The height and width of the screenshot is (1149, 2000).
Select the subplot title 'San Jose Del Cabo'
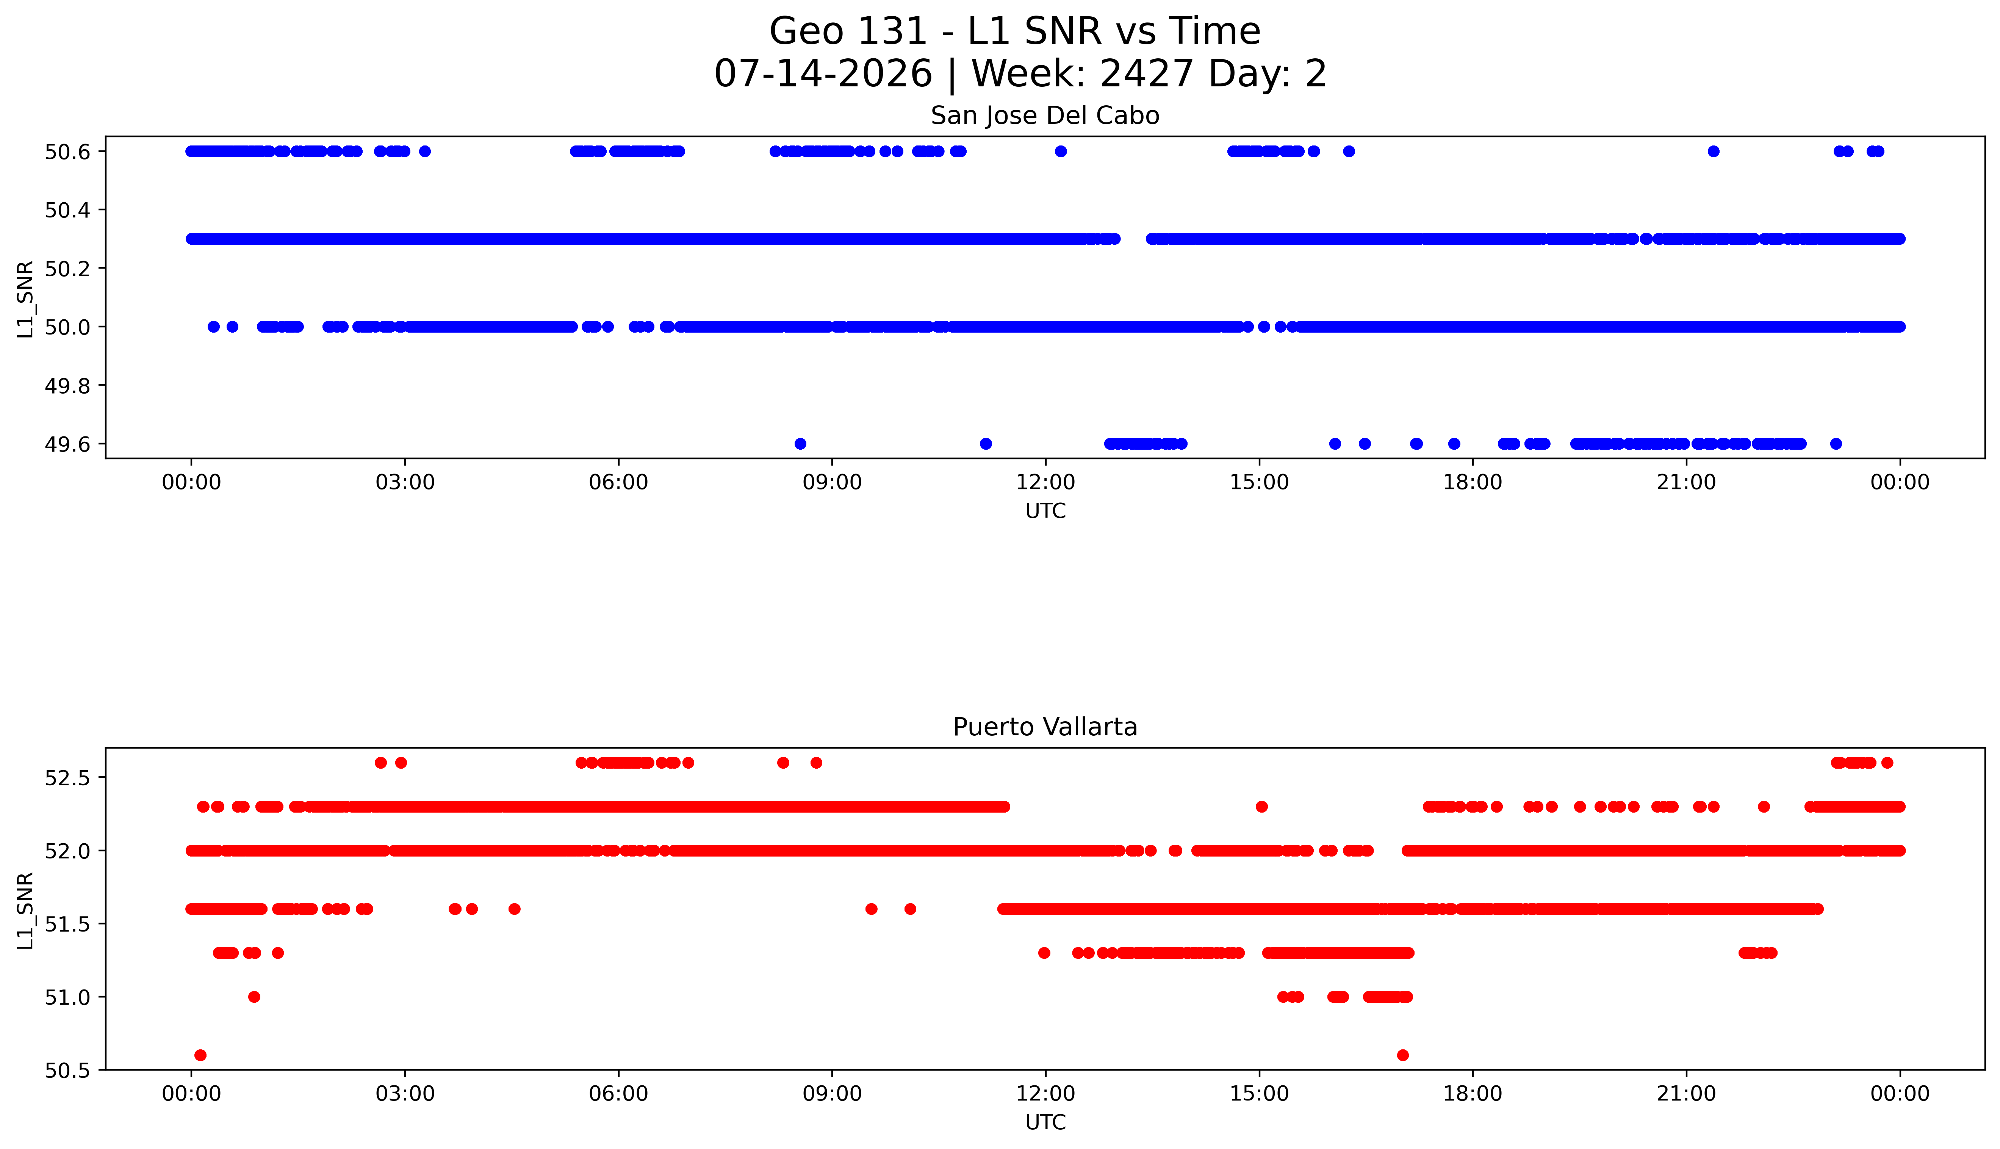click(1045, 116)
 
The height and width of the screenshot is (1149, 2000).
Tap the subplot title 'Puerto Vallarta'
click(1045, 727)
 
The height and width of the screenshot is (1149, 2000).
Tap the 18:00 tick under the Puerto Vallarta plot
click(1473, 1094)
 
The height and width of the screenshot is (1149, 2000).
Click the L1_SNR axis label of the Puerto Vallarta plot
click(25, 910)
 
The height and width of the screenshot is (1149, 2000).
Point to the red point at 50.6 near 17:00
click(1402, 1055)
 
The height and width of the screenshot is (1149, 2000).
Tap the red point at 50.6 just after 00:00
click(200, 1055)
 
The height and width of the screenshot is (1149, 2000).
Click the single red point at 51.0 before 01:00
click(254, 997)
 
